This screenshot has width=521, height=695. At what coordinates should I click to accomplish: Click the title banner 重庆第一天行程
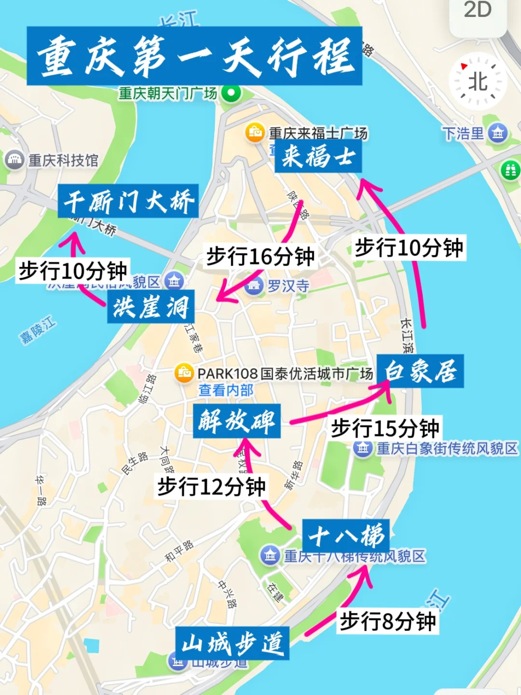pos(194,56)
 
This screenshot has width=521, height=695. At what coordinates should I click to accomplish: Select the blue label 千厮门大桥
pos(128,201)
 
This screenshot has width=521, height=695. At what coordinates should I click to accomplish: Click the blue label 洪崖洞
pos(151,306)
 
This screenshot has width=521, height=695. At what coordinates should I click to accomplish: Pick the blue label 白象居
pos(420,371)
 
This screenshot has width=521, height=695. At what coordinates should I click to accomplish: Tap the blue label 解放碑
pos(236,421)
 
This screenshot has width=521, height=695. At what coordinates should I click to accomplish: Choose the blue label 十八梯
pos(345,535)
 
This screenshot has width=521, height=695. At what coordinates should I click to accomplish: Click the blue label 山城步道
pos(232,643)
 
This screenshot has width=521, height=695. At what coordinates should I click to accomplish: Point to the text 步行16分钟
pos(260,256)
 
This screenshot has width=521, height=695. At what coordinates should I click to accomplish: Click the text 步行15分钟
pos(385,428)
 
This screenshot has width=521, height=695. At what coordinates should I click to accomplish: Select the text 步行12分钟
pos(212,486)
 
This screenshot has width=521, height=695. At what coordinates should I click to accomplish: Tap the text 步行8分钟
pos(388,621)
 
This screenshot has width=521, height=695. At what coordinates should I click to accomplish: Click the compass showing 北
pos(478,82)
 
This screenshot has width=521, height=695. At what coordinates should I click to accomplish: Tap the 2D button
pos(478,11)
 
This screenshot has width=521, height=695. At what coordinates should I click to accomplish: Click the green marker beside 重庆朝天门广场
pos(231,93)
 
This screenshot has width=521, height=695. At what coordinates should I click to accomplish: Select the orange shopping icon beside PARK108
pos(184,373)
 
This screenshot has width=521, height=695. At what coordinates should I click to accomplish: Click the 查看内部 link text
pos(226,390)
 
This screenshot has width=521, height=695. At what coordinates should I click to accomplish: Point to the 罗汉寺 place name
pos(288,286)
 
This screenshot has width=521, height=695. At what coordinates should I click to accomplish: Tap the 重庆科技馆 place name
pos(63,160)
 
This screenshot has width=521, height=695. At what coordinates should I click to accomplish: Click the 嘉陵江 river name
pos(38,330)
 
